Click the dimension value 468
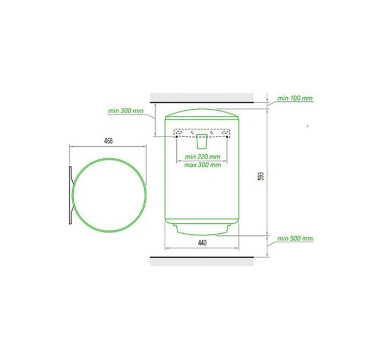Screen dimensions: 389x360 [109, 141]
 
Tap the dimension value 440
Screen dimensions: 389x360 [202, 242]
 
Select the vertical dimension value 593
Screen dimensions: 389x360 [261, 176]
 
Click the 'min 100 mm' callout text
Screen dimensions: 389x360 [295, 98]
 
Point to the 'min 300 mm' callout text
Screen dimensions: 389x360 [125, 111]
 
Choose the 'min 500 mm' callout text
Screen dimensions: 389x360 [295, 238]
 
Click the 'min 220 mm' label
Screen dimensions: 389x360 [203, 157]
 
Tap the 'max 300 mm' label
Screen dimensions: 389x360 [203, 165]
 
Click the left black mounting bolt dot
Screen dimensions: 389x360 [177, 137]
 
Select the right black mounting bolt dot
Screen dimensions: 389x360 [227, 137]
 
